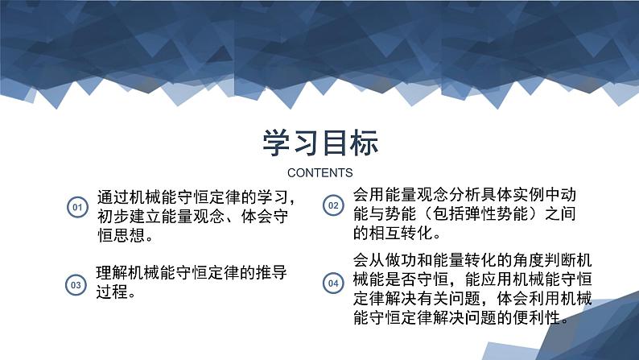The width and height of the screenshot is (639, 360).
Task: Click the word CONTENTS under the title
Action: [x=319, y=172]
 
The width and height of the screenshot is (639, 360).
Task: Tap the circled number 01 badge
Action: [x=77, y=208]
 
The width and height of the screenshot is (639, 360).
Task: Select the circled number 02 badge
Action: [x=332, y=205]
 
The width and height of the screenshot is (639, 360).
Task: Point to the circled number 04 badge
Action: [x=332, y=283]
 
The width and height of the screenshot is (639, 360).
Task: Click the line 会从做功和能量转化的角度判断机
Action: [x=472, y=262]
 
